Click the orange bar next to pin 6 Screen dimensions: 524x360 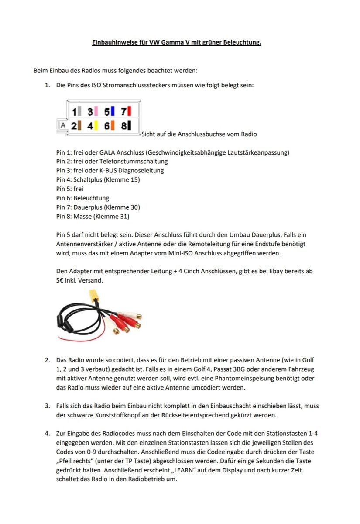112,126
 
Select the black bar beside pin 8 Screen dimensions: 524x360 130,126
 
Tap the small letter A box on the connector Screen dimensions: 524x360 63,125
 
